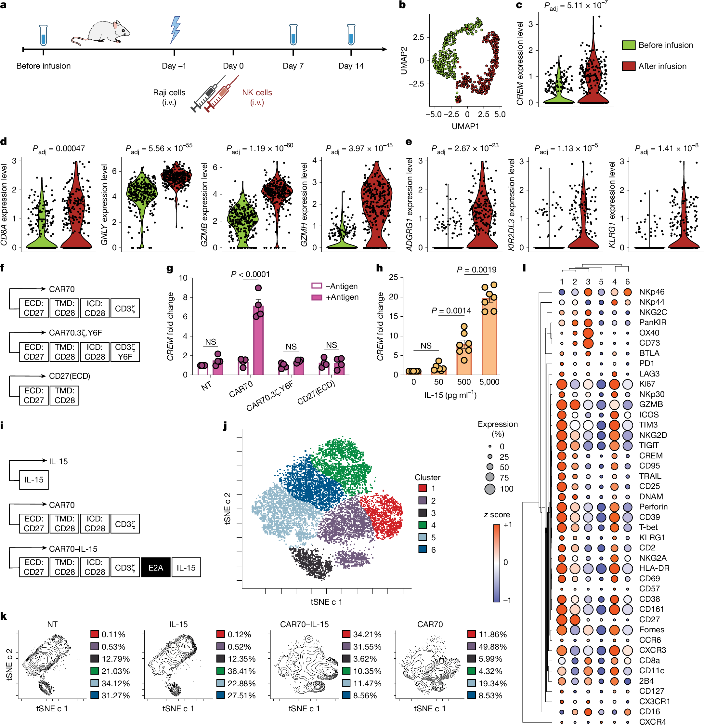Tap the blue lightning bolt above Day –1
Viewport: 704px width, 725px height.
pyautogui.click(x=175, y=30)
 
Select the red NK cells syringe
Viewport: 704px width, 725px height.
pyautogui.click(x=221, y=94)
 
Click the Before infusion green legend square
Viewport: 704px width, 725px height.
pyautogui.click(x=628, y=45)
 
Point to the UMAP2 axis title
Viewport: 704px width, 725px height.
pyautogui.click(x=403, y=60)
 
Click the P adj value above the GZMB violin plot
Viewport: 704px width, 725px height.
pyautogui.click(x=260, y=148)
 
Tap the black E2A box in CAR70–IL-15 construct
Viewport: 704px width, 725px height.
pyautogui.click(x=156, y=567)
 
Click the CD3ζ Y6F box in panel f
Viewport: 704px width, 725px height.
pyautogui.click(x=125, y=352)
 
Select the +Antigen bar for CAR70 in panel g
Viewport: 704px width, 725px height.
pyautogui.click(x=258, y=339)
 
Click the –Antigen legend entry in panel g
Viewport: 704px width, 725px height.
pyautogui.click(x=335, y=286)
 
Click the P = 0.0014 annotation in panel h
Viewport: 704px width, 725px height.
pyautogui.click(x=451, y=311)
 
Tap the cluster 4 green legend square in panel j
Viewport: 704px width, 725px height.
pyautogui.click(x=423, y=525)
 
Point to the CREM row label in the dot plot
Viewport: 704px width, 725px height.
pyautogui.click(x=650, y=456)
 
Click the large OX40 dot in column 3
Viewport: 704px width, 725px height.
pyautogui.click(x=588, y=333)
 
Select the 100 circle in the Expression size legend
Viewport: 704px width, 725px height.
pyautogui.click(x=489, y=489)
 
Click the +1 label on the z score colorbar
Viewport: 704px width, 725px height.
pyautogui.click(x=508, y=525)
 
